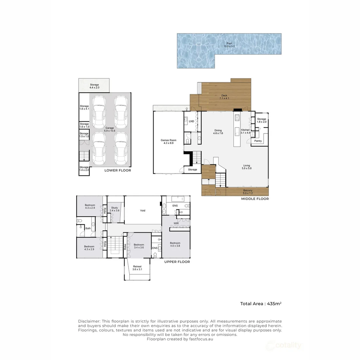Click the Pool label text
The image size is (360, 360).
pos(229,45)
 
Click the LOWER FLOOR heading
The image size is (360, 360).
pos(118,170)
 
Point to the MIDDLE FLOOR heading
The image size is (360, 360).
pos(255,199)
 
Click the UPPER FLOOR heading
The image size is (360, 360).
pos(177,262)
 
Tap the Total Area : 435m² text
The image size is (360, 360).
pos(261,304)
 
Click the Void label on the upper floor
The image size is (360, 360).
pos(143,211)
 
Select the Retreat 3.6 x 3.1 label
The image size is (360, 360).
pos(137,268)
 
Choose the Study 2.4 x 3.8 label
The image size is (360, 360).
pos(115,209)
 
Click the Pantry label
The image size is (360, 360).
pos(258,141)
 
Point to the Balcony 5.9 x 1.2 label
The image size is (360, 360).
pos(247,192)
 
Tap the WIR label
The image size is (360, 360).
pos(176,223)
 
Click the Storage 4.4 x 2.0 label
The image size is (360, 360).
pos(94,86)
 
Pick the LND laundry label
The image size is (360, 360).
pos(191,121)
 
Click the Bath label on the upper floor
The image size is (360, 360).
pos(88,228)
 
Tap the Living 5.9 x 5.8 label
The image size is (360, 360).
pos(247,167)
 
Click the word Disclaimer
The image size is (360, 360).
pos(89,321)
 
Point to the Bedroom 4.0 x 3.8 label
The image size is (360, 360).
pos(175,245)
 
